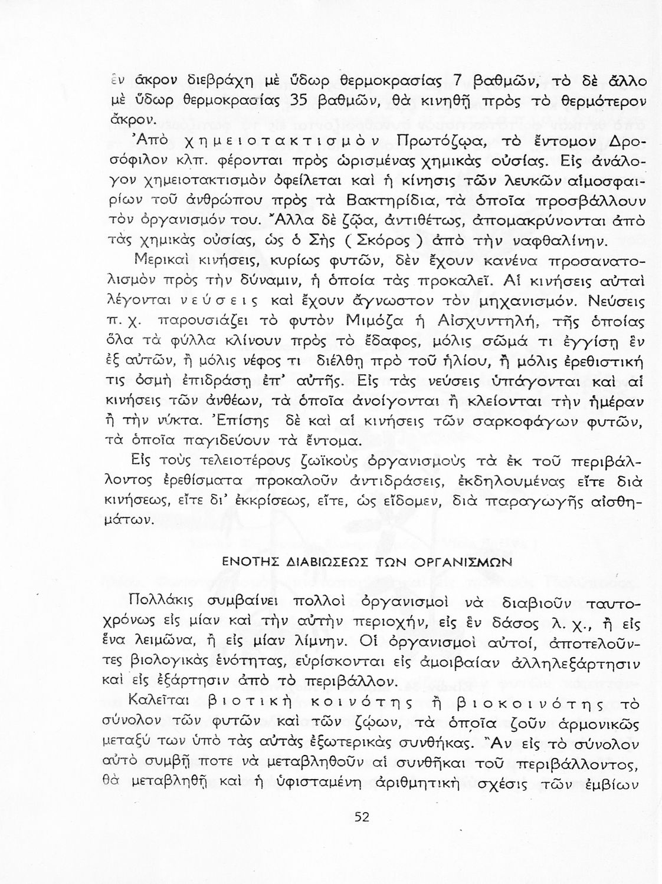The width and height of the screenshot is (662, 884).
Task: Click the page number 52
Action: tap(362, 817)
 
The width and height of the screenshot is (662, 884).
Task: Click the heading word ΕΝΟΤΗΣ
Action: tap(244, 562)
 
